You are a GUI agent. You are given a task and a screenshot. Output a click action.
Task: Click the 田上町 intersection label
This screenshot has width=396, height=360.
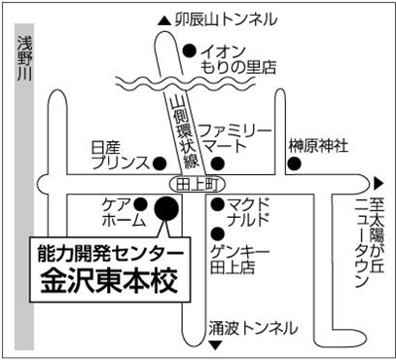click(197, 185)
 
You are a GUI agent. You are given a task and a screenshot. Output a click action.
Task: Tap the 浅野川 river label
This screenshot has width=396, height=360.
click(24, 57)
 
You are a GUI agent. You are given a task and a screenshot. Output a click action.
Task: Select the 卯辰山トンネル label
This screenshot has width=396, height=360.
click(227, 20)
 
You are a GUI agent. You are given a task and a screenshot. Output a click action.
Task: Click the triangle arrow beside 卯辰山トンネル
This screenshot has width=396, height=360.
click(164, 21)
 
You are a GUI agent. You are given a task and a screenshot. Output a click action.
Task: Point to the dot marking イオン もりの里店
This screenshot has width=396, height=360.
click(190, 51)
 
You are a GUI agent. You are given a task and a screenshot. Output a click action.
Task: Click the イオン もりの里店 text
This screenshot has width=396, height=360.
click(238, 60)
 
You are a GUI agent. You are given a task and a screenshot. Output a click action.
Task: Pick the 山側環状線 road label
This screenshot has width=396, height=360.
click(184, 133)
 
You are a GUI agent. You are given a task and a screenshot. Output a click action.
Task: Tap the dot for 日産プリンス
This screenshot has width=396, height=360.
click(160, 163)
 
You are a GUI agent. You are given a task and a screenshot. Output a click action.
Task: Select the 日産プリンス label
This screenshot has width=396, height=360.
click(120, 157)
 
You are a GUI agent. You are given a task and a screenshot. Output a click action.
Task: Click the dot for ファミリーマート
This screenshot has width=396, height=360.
click(218, 163)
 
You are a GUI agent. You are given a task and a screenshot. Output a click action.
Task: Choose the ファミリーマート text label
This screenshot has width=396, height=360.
click(234, 139)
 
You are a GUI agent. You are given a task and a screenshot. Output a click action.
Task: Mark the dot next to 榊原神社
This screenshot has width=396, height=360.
click(294, 163)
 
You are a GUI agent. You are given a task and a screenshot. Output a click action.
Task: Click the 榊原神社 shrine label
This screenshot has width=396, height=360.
click(318, 146)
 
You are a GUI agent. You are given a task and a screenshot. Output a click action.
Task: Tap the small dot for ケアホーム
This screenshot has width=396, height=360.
click(140, 204)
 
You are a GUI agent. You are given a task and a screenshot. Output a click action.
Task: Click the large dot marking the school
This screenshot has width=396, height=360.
click(166, 208)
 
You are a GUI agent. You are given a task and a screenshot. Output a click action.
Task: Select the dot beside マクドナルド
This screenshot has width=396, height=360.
click(218, 204)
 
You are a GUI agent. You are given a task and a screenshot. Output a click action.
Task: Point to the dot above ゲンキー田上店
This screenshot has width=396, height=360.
click(218, 234)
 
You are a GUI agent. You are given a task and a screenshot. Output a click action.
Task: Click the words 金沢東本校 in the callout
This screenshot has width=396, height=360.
click(110, 282)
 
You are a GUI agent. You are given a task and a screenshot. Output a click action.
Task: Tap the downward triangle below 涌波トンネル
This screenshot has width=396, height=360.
click(216, 344)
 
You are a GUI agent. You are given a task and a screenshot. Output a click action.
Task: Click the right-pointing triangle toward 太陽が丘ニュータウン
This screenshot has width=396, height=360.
click(378, 184)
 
